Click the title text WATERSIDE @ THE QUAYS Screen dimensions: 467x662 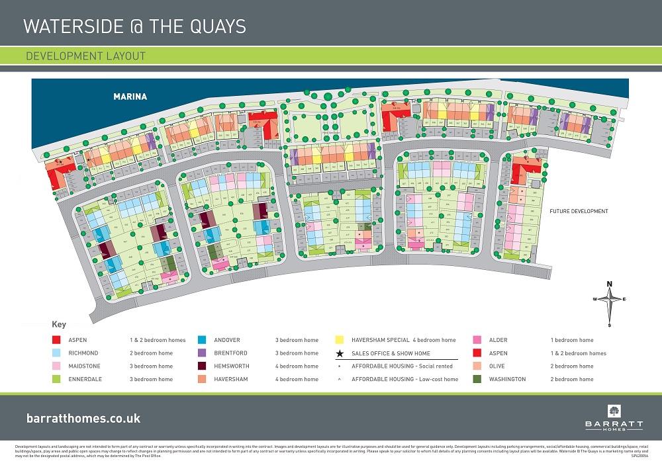tap(134, 26)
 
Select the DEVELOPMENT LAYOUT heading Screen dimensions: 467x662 tap(85, 56)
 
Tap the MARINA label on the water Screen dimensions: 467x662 tap(129, 97)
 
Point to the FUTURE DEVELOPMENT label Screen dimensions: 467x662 tap(578, 212)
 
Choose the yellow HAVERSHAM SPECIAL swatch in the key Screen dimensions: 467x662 tap(340, 340)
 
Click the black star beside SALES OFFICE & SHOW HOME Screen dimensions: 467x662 tap(340, 353)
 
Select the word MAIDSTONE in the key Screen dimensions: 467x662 tap(84, 366)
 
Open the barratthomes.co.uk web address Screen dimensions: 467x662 tap(83, 419)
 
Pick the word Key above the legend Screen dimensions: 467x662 tap(58, 325)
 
